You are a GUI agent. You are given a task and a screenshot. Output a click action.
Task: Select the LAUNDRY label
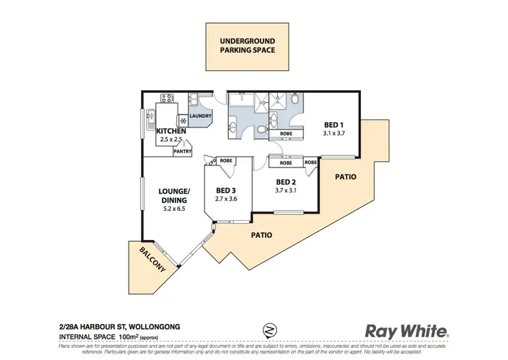[x=200, y=116]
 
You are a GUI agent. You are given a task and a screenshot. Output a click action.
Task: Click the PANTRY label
[x=183, y=151]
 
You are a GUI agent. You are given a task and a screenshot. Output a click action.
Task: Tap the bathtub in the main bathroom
[x=239, y=100]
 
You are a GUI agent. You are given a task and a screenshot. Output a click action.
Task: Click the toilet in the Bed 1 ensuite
[x=295, y=100]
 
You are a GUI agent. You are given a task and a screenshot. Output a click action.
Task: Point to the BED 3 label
[x=226, y=191]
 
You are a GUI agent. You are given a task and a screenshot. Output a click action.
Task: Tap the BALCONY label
[x=153, y=260]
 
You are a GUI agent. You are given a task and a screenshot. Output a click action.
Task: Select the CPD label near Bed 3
[x=211, y=161]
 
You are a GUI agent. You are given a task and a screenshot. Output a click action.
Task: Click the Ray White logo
[x=407, y=331]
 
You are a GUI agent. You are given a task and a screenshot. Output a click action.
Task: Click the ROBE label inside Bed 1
[x=286, y=134]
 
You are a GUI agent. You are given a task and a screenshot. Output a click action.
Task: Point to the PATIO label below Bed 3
[x=261, y=235]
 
